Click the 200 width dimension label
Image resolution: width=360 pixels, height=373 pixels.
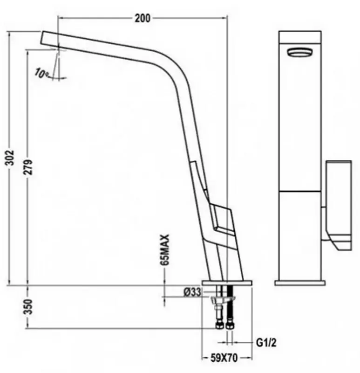pos(143,18)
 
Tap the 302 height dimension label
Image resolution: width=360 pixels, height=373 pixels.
pos(10,158)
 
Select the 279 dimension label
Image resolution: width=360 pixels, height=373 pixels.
pos(28,167)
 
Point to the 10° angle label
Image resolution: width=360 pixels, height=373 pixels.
pos(41,73)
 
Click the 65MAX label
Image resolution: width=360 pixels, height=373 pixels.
pos(165,250)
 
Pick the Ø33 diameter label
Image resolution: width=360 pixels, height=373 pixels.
pos(192,292)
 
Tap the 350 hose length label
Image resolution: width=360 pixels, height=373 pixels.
pos(28,307)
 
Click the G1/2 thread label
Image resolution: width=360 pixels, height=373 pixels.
pos(266,343)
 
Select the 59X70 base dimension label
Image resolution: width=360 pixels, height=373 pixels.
pos(224,358)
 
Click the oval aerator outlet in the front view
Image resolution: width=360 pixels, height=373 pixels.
pos(300,52)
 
